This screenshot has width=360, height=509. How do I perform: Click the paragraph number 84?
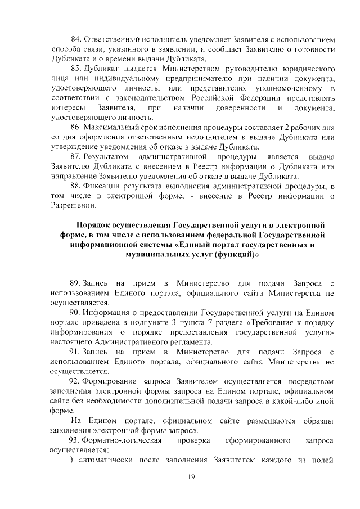pos(75,40)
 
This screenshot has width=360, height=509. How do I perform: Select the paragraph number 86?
pos(75,127)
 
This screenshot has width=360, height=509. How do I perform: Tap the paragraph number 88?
pos(75,186)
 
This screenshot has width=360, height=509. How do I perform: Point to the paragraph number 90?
pos(75,312)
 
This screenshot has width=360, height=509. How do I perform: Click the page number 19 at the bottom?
pos(191,477)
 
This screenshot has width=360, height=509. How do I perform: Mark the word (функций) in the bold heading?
pos(238,254)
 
